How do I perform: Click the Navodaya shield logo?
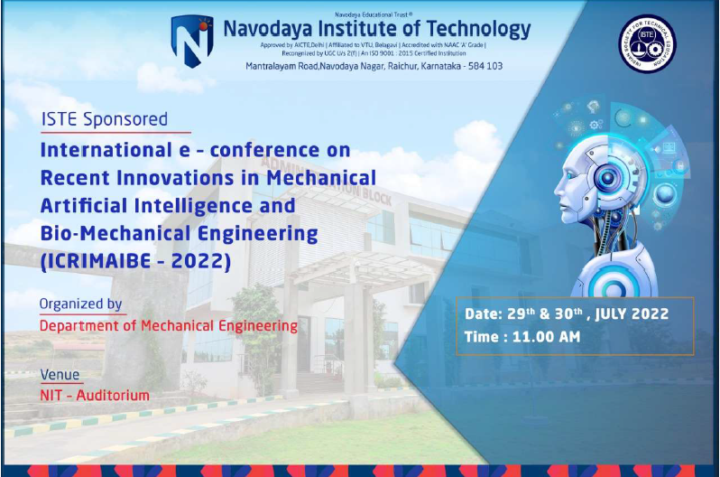coord(191,41)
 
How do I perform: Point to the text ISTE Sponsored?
coord(105,118)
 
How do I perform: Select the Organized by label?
coord(81,304)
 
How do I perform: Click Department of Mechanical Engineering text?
coord(168,325)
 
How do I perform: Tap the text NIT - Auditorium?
coord(95,395)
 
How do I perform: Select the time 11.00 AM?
coord(549,337)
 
